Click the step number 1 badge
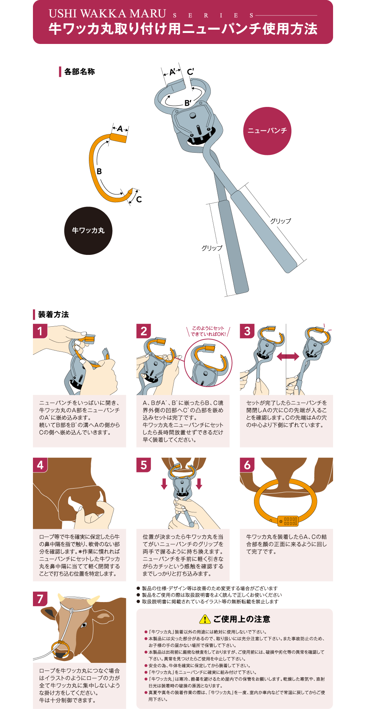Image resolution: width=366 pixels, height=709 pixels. tap(40, 331)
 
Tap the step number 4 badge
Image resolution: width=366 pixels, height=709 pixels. tap(40, 465)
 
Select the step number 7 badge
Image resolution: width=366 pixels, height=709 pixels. tap(40, 599)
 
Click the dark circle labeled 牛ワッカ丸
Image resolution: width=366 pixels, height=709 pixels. tap(88, 231)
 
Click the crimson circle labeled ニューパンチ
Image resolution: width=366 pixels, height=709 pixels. tap(267, 131)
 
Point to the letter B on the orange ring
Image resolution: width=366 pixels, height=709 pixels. tap(99, 171)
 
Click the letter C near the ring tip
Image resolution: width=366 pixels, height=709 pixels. tap(139, 200)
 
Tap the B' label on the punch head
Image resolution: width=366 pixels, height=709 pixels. tap(188, 103)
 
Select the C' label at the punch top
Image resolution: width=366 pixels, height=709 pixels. tap(190, 72)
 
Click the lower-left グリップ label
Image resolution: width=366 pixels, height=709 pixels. tap(212, 248)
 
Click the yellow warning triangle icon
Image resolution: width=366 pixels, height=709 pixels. tap(205, 619)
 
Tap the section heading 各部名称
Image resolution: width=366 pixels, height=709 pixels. tap(79, 72)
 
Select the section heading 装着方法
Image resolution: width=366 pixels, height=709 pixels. tap(53, 315)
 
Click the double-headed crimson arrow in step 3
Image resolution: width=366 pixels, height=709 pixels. tap(288, 357)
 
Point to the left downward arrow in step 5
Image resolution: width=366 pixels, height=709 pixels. tap(164, 484)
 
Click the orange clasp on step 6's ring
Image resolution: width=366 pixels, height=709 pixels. tap(288, 520)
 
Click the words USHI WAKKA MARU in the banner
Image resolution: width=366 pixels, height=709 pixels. tap(107, 14)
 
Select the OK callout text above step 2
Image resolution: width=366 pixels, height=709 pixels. tap(208, 331)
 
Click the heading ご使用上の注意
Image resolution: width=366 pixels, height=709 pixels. tap(242, 619)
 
